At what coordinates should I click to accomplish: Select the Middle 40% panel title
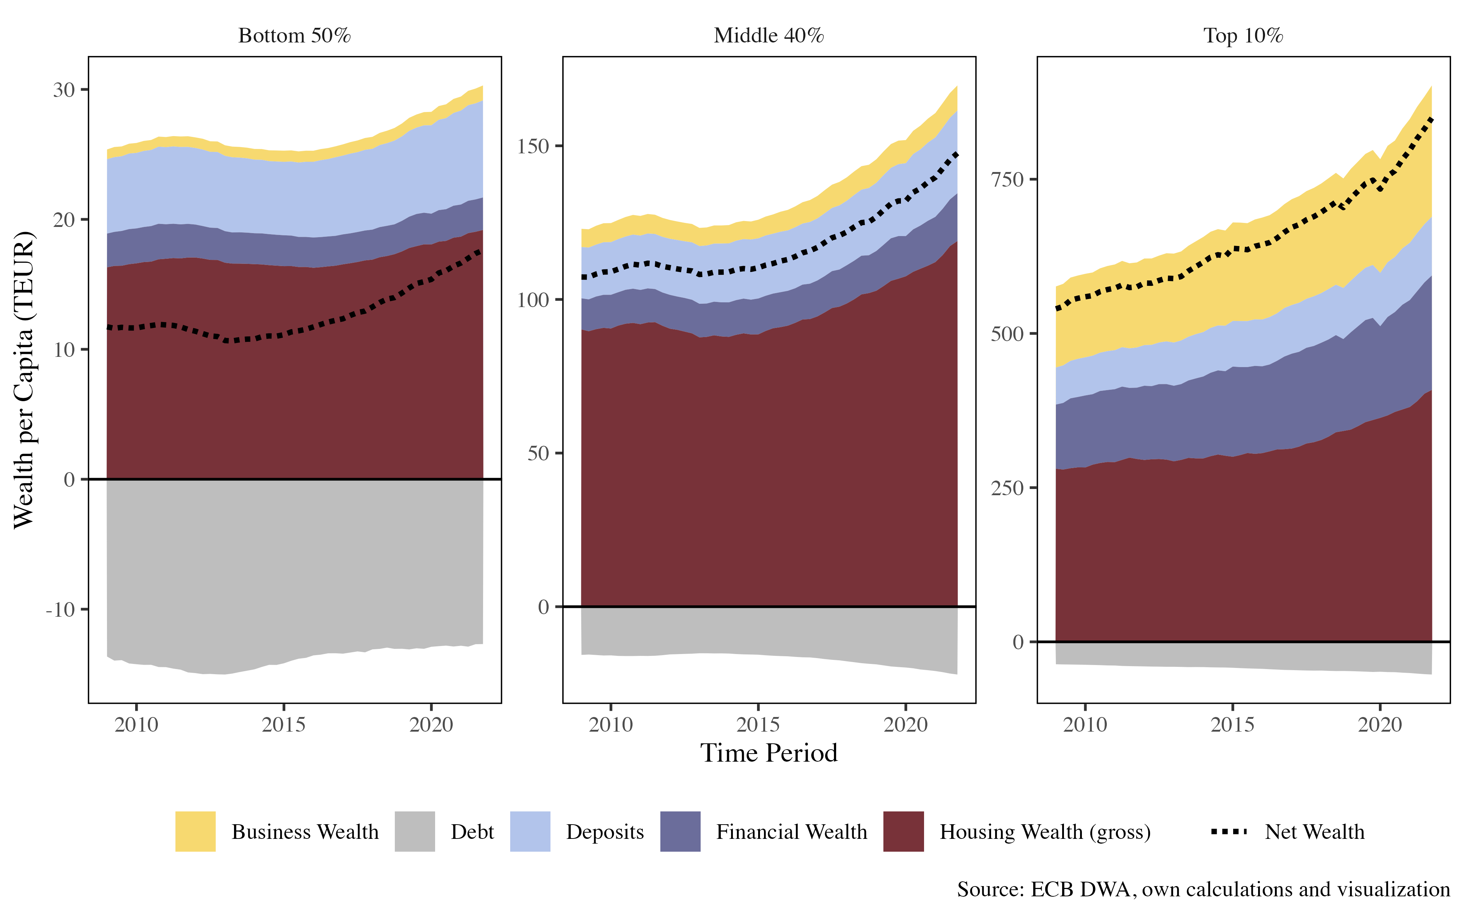coord(769,36)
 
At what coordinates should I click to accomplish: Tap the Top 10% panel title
coord(1243,36)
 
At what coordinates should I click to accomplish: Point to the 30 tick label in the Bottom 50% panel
coord(64,90)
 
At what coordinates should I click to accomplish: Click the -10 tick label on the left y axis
coord(60,609)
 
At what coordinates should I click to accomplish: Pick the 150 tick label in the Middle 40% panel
coord(533,146)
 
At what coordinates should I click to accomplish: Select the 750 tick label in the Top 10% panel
coord(1007,180)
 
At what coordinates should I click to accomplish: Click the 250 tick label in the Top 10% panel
coord(1007,488)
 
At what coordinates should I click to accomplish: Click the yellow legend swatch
coord(196,832)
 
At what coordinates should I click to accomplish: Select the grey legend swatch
coord(415,832)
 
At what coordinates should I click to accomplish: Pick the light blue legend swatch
coord(530,832)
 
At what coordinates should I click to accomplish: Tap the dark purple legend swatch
coord(680,832)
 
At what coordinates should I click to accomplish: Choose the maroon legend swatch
coord(903,832)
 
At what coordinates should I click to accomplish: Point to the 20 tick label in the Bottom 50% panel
coord(64,220)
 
